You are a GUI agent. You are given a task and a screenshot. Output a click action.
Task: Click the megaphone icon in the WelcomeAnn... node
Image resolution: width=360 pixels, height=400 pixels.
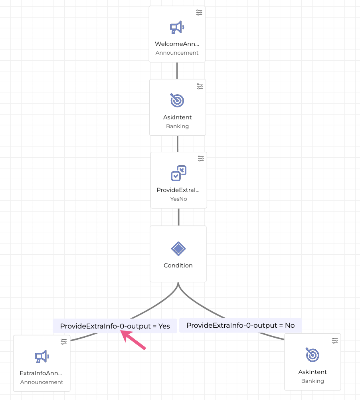coord(177,28)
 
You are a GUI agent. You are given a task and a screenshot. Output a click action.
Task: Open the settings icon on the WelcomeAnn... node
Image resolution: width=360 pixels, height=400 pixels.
coord(200,12)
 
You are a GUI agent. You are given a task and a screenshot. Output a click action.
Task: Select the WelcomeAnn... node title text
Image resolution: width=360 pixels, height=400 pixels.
coord(177,44)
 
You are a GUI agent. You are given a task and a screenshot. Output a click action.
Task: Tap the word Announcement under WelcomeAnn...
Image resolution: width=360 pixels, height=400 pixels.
coord(177,53)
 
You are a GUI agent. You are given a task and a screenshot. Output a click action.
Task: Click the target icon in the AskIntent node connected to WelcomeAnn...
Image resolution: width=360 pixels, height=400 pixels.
coord(177,100)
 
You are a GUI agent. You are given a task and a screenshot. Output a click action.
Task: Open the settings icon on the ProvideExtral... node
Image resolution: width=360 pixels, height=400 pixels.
coord(201,158)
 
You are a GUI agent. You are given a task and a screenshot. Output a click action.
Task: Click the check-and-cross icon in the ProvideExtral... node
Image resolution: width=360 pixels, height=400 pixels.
coord(178,173)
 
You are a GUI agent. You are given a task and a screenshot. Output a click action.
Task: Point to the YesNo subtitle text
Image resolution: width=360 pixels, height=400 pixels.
coord(178,199)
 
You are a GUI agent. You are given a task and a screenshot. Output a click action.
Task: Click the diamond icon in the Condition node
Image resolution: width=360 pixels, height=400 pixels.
coord(178,249)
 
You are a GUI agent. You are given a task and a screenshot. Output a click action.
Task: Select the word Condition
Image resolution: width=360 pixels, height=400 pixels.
coord(178,265)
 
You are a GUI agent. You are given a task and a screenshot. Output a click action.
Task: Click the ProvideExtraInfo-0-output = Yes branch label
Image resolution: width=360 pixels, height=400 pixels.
coord(115,326)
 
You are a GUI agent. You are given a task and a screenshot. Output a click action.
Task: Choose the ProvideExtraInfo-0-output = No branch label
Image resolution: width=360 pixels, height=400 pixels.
coord(240,325)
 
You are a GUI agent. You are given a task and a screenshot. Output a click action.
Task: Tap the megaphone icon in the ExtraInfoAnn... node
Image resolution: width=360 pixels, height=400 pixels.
coord(42,356)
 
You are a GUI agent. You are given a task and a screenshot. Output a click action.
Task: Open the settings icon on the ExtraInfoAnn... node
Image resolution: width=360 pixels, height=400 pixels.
coord(64,341)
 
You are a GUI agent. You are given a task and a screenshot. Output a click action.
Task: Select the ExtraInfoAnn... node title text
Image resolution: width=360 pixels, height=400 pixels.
coord(42,373)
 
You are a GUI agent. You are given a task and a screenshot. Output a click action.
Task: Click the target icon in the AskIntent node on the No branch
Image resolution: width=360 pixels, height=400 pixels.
coord(313,355)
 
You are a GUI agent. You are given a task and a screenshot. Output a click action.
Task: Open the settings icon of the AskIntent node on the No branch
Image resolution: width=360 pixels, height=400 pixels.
coord(335,340)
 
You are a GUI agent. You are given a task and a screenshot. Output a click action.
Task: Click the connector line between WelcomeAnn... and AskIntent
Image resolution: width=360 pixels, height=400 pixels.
coord(177,71)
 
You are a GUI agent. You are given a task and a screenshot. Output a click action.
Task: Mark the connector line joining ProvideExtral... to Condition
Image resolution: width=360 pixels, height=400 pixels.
coord(178,217)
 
